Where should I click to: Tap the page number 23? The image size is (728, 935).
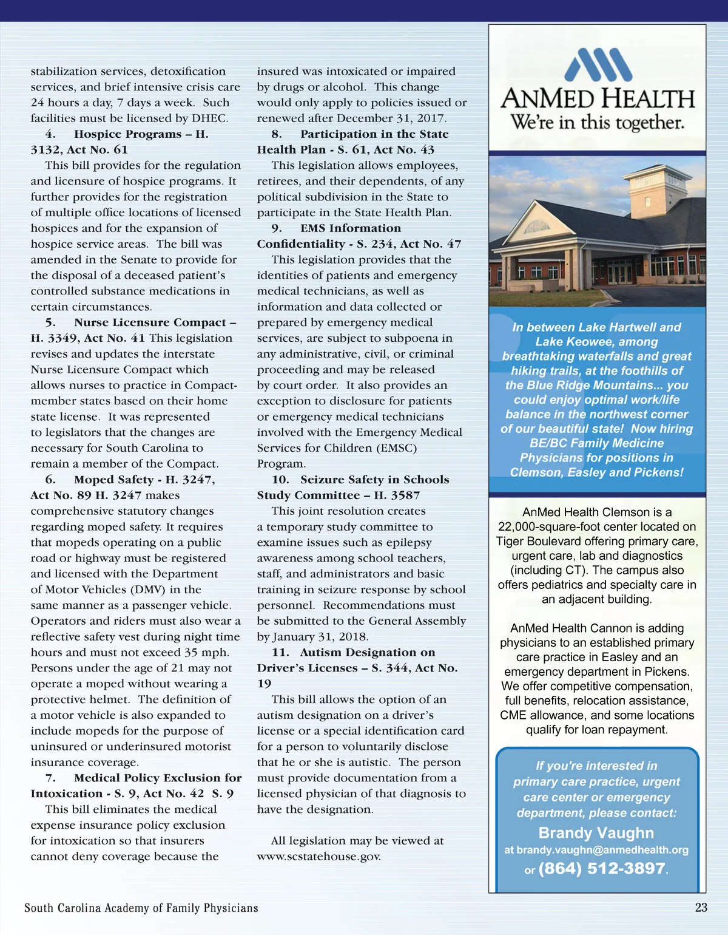coord(701,907)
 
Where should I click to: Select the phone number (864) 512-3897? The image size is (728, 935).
coord(601,868)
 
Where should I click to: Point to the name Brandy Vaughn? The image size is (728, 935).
coord(596,832)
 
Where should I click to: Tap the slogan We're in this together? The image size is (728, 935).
coord(597,123)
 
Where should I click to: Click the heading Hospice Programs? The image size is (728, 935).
coord(133,134)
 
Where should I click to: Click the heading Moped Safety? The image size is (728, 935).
coord(113,480)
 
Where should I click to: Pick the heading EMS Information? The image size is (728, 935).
coord(350,228)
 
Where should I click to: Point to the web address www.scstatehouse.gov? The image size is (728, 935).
coord(319,856)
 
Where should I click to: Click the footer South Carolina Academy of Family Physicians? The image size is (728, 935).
coord(141,908)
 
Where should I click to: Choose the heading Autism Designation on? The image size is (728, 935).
coord(367,652)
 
